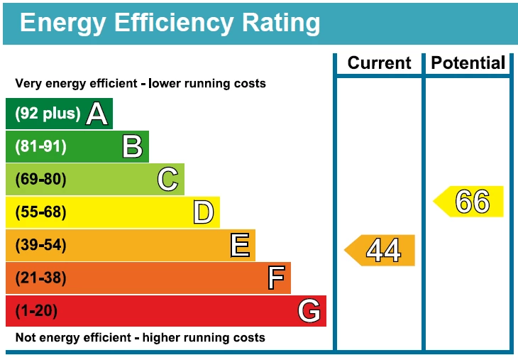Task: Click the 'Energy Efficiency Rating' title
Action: [x=170, y=23]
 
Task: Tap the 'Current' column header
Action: [x=379, y=63]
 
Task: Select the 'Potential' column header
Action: [x=468, y=63]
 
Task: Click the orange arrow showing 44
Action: [x=381, y=251]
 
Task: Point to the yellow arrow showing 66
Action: [x=470, y=202]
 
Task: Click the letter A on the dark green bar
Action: [x=97, y=114]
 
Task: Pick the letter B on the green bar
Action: [x=132, y=147]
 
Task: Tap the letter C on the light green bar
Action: [x=167, y=180]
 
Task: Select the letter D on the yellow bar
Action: [x=203, y=212]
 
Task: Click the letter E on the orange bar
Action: [x=240, y=246]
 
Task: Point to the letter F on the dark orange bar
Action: [x=276, y=278]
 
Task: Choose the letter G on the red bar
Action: [x=309, y=311]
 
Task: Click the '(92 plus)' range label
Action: [x=48, y=114]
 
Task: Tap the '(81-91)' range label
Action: [x=40, y=147]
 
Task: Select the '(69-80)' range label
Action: [x=40, y=180]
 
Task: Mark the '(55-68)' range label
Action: [x=40, y=212]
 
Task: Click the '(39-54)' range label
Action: [x=40, y=246]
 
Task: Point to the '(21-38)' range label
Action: [x=40, y=278]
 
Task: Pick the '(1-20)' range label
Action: [x=36, y=311]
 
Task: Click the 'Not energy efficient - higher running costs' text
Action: [x=140, y=338]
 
